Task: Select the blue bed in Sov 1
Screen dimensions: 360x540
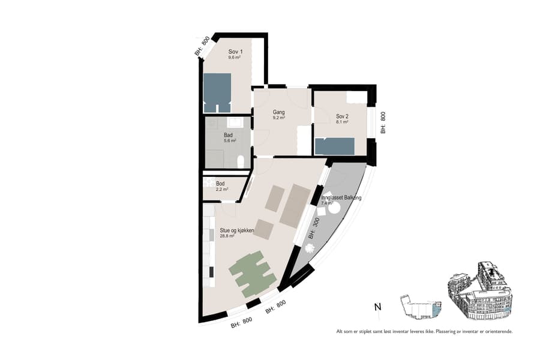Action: (x=217, y=92)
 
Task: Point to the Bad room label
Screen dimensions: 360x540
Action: (x=228, y=135)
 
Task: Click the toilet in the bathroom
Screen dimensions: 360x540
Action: (x=241, y=161)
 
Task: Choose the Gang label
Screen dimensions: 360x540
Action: (x=278, y=112)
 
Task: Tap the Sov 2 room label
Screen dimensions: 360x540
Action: (x=342, y=116)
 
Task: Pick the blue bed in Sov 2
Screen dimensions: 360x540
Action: (x=335, y=146)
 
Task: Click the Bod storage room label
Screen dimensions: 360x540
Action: (x=220, y=183)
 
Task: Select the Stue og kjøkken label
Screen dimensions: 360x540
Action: (x=238, y=230)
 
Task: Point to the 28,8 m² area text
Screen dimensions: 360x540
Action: (x=227, y=236)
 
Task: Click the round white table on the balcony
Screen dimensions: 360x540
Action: (x=334, y=208)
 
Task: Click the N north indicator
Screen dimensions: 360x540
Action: (x=377, y=307)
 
